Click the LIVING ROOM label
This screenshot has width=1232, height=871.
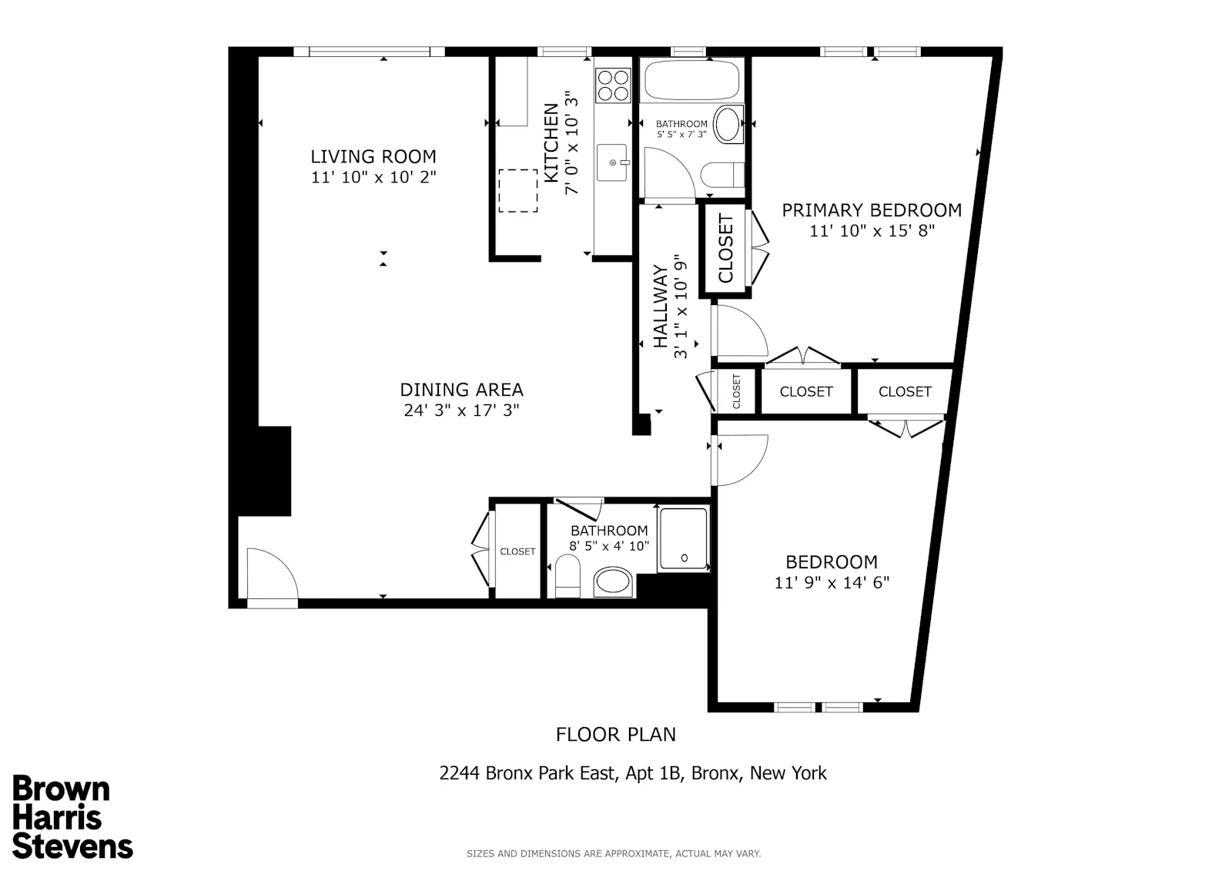pyautogui.click(x=373, y=156)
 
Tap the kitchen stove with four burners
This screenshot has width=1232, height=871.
pyautogui.click(x=613, y=85)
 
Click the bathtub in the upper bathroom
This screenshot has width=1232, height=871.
pyautogui.click(x=691, y=81)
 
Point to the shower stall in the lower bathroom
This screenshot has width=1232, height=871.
pyautogui.click(x=683, y=538)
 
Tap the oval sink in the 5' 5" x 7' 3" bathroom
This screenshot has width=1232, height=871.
pyautogui.click(x=727, y=125)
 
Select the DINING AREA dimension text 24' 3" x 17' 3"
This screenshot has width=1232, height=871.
pyautogui.click(x=461, y=410)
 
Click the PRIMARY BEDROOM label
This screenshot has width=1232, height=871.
pyautogui.click(x=872, y=209)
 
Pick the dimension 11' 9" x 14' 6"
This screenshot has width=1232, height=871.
pyautogui.click(x=832, y=582)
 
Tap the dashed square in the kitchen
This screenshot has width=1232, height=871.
pyautogui.click(x=517, y=190)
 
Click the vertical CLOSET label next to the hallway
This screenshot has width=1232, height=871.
pyautogui.click(x=725, y=250)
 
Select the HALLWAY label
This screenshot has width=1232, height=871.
pyautogui.click(x=661, y=307)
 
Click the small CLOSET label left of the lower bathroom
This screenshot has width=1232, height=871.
pyautogui.click(x=517, y=551)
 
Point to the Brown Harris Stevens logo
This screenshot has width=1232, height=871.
pyautogui.click(x=72, y=818)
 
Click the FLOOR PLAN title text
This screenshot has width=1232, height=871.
pyautogui.click(x=615, y=734)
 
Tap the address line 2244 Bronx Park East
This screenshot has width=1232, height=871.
pyautogui.click(x=632, y=772)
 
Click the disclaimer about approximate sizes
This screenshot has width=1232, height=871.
pyautogui.click(x=613, y=853)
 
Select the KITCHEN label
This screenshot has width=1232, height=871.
pyautogui.click(x=551, y=143)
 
